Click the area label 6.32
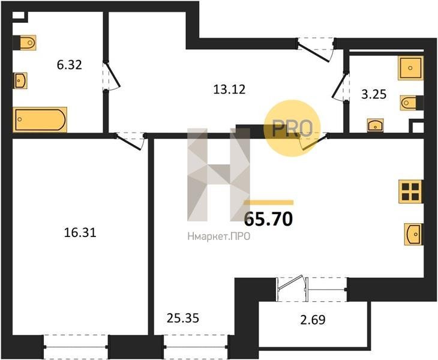pos(69,65)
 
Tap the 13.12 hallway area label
pos(229,89)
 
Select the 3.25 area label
pos(374,94)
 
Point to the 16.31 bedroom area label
pos(80,232)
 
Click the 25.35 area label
pos(182,318)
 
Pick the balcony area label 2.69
pos(313,320)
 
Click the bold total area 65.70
pos(268,219)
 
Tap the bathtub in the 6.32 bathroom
pos(40,119)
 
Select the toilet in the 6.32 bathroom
pos(25,43)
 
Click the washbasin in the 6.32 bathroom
pos(20,81)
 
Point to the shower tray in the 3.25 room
pos(410,68)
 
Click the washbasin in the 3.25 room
pos(376,125)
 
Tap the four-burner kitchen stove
pos(410,191)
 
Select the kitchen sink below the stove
pos(413,234)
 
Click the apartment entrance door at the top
pos(316,50)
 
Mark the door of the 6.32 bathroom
pos(111,76)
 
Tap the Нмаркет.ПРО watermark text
pos(219,237)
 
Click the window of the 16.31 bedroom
pos(76,347)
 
